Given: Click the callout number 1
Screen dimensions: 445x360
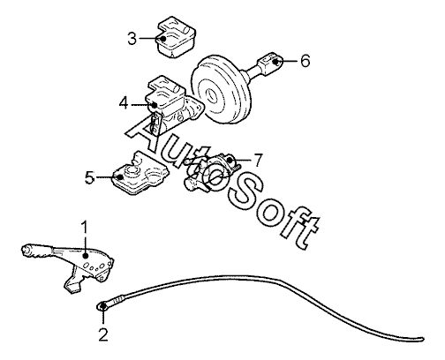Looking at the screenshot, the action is point(85,228).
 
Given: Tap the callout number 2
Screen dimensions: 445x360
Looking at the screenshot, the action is point(103,334).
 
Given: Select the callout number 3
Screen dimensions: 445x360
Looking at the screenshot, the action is point(132,38).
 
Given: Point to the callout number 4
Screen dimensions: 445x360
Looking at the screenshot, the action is point(124,103).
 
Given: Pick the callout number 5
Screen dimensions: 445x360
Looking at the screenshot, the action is point(89,177).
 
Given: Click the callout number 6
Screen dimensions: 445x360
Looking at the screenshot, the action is point(305,61).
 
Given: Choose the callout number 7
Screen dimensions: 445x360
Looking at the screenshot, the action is point(258,161).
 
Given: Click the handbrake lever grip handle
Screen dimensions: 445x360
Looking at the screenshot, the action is point(38,251).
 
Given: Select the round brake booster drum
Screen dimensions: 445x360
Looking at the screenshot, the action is point(222,91).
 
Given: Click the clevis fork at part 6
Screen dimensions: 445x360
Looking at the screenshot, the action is point(269,63).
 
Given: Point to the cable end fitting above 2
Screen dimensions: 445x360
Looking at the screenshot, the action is point(102,306).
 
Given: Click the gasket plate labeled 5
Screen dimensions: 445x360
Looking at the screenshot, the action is point(140,174).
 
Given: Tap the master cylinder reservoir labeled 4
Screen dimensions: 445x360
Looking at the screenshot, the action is point(173,106).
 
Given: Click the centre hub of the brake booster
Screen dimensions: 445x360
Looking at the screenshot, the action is point(212,95).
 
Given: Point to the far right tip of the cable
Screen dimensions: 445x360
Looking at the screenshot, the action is point(423,339).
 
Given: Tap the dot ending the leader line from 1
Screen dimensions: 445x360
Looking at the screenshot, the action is point(86,256).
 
